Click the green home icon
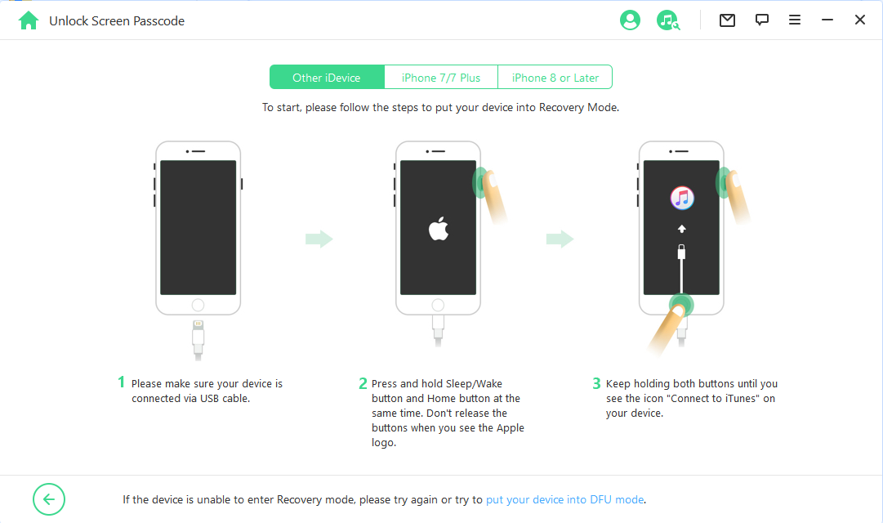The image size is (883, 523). (x=28, y=21)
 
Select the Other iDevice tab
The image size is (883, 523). (x=327, y=77)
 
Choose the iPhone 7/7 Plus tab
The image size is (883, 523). (x=441, y=77)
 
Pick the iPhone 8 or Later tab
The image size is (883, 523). (x=555, y=77)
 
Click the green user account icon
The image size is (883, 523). (x=630, y=20)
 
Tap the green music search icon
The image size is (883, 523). (x=668, y=20)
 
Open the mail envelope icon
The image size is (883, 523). (x=727, y=20)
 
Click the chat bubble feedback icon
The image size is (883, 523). (x=762, y=20)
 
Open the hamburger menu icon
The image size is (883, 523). (x=795, y=20)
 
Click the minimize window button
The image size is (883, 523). (x=827, y=20)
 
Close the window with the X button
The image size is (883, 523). (x=860, y=20)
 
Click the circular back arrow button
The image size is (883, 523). (x=49, y=499)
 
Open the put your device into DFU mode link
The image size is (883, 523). (x=564, y=499)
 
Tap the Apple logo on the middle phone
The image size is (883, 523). (x=439, y=228)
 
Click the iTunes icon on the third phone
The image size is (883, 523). (x=682, y=198)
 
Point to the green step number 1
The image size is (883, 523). (x=121, y=382)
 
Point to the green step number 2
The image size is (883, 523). (x=363, y=383)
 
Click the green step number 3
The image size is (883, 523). (x=597, y=383)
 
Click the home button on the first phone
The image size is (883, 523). (x=198, y=305)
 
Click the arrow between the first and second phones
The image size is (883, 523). (x=319, y=239)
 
